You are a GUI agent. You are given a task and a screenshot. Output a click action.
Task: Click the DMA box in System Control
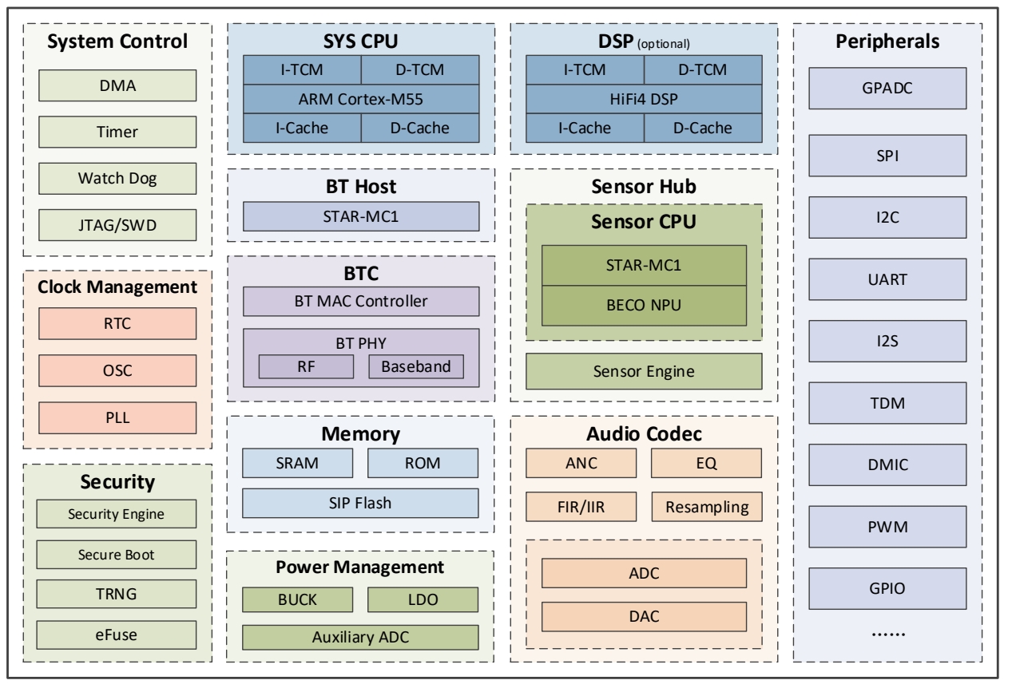[x=117, y=85]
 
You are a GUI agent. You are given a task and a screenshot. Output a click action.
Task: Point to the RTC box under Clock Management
[x=117, y=325]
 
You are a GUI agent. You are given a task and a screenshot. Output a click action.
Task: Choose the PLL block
[x=117, y=417]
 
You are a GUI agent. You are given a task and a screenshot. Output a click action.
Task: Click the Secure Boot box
[x=117, y=554]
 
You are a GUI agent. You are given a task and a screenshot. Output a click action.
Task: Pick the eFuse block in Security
[x=117, y=636]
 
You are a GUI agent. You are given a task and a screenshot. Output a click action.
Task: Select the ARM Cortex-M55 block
[x=361, y=98]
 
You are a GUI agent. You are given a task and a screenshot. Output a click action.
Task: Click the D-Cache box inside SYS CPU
[x=420, y=127]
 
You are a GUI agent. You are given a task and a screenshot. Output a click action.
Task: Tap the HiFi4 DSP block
[x=645, y=98]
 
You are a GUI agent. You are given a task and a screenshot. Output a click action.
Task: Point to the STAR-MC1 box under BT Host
[x=361, y=215]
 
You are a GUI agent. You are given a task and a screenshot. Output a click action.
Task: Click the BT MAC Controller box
[x=361, y=301]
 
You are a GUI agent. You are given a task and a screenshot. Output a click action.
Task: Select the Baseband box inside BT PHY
[x=416, y=366]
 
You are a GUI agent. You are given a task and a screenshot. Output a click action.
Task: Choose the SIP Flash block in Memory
[x=361, y=503]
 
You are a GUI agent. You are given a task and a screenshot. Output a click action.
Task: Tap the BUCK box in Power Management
[x=298, y=599]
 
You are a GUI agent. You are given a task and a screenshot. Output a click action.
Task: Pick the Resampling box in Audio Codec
[x=706, y=505]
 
